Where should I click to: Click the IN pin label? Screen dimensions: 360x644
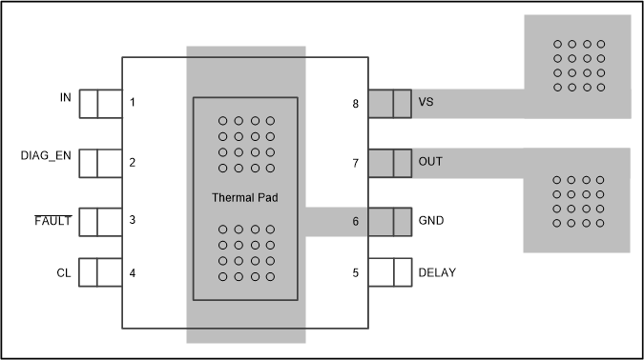[x=65, y=99]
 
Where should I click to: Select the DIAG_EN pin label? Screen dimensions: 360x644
[x=46, y=155]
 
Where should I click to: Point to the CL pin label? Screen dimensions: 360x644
[x=62, y=273]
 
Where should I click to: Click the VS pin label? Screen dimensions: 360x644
[x=426, y=103]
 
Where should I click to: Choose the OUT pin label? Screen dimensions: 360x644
[x=430, y=163]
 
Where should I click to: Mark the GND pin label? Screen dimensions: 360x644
[x=431, y=220]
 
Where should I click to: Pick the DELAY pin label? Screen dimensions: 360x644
[x=437, y=273]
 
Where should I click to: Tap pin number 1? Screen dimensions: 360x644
[x=133, y=102]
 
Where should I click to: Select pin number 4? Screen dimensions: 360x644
[x=133, y=273]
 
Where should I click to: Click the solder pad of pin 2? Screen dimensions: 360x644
[x=101, y=163]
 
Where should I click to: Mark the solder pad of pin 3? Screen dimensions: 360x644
[x=101, y=222]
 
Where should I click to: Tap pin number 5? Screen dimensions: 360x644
[x=356, y=273]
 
